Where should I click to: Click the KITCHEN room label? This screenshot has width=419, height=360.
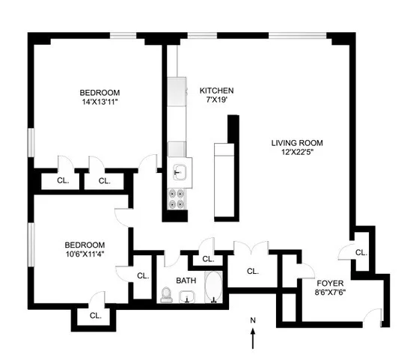click(x=211, y=89)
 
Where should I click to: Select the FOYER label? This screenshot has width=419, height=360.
click(x=330, y=283)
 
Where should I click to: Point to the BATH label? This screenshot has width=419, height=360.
click(x=186, y=281)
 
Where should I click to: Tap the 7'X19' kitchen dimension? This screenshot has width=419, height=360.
click(x=211, y=100)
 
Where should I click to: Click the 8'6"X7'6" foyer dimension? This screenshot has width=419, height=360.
click(x=330, y=293)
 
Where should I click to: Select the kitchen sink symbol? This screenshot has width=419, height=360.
click(x=180, y=173)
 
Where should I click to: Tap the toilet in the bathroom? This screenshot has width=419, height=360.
click(x=166, y=296)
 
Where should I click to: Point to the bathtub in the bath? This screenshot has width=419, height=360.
click(x=213, y=290)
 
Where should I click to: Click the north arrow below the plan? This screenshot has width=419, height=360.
click(x=253, y=339)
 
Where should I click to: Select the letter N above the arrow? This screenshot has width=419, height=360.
click(x=253, y=321)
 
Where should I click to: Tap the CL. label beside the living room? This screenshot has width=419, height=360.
click(x=361, y=253)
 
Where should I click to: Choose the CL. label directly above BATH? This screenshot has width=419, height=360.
click(x=207, y=259)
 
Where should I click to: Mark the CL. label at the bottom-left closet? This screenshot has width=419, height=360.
click(x=95, y=316)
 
